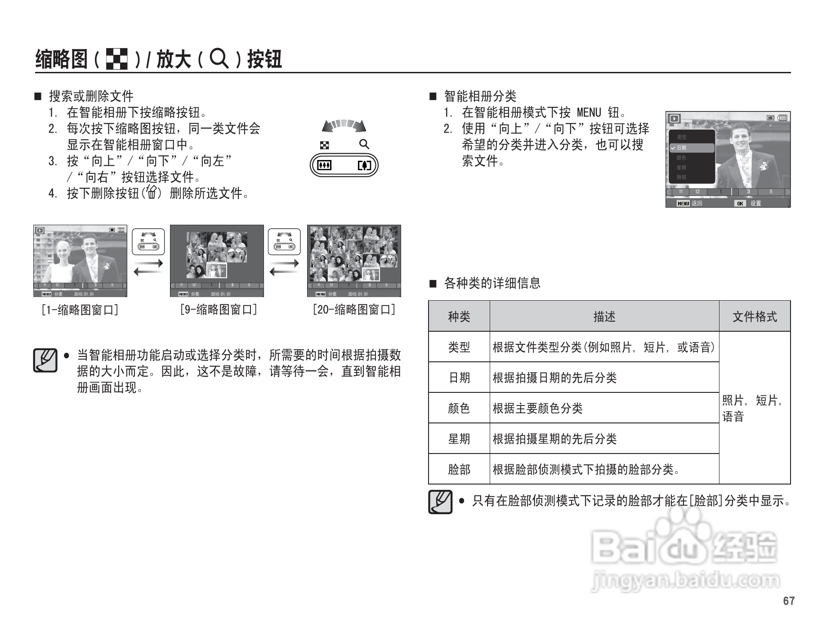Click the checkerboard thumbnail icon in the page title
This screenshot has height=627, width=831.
[116, 59]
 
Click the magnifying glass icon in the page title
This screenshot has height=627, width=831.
[219, 58]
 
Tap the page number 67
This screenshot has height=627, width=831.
[789, 601]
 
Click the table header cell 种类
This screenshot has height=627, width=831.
[459, 316]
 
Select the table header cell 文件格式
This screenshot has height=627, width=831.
[755, 316]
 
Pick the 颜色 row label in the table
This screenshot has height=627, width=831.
[459, 408]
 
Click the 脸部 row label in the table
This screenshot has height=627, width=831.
[459, 469]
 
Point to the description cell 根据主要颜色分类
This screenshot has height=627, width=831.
[537, 408]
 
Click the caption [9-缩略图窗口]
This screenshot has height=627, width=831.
[218, 310]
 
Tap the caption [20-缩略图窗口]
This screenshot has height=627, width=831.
[354, 310]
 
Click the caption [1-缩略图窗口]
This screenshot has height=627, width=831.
[80, 310]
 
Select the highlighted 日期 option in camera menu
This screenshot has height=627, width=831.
[691, 148]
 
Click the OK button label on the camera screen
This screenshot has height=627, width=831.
[740, 204]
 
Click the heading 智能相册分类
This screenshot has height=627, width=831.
[480, 96]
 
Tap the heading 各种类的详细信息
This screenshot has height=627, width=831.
[492, 283]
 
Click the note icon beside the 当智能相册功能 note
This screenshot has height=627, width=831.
[45, 360]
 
